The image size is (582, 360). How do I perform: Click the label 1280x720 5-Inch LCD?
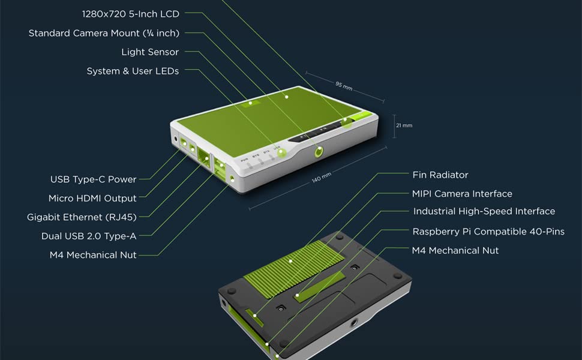coord(130,14)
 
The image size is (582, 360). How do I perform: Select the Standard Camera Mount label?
coord(104,33)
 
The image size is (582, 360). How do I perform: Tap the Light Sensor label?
coord(150,52)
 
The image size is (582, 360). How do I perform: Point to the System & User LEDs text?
coord(133,71)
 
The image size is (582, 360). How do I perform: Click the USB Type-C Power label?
coord(94,179)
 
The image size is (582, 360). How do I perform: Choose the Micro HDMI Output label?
coord(92,198)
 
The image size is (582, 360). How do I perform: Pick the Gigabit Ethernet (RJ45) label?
coord(82,217)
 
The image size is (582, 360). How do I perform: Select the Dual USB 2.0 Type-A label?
coord(89,236)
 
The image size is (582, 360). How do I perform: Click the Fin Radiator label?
coord(440,175)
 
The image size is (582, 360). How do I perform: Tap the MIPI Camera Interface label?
coord(462,194)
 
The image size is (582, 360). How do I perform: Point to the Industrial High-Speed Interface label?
coord(484,211)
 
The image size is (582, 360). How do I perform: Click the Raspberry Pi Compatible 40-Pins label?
coord(488,231)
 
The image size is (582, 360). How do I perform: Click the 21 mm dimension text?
coord(404,125)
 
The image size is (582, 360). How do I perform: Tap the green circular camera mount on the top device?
coord(319,152)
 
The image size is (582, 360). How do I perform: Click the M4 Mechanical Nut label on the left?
coord(93,255)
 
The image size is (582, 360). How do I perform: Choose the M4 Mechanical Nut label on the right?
coord(455,250)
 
